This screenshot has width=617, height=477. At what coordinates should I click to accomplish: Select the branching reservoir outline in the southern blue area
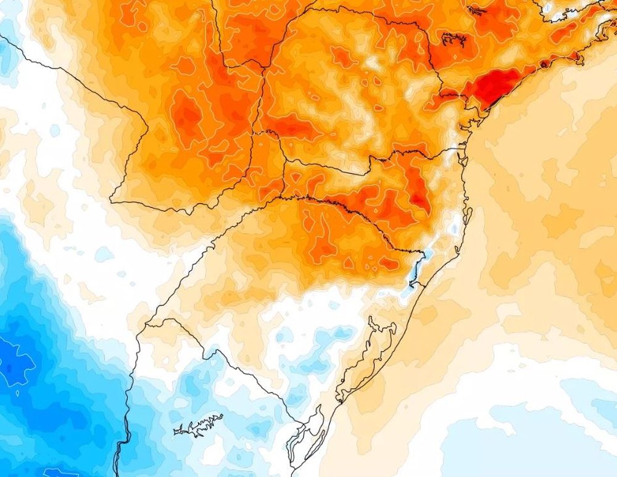click(x=199, y=425)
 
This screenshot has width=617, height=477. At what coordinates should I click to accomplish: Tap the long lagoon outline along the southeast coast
click(x=370, y=352)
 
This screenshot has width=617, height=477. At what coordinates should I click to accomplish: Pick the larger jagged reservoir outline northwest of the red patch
click(x=453, y=39)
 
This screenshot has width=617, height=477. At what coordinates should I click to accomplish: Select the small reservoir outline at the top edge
click(x=476, y=10)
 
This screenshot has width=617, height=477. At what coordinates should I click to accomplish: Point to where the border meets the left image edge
click(x=1, y=37)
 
